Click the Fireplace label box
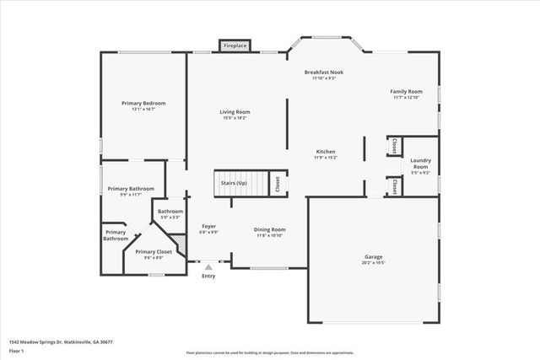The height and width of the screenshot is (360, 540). [235, 46]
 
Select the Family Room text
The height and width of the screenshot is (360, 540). [406, 91]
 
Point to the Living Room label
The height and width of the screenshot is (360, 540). [235, 111]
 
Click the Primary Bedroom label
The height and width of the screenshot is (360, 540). [143, 103]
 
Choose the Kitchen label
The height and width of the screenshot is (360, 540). [326, 151]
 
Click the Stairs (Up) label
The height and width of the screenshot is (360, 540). [234, 183]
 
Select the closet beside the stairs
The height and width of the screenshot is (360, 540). [278, 184]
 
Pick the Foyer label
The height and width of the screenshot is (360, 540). [208, 226]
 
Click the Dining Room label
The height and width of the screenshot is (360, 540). [270, 229]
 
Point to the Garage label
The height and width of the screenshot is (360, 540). [373, 256]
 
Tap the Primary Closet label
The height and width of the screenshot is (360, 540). [154, 252]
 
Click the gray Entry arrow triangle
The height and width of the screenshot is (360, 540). [208, 266]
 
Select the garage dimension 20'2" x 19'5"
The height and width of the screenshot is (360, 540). [373, 262]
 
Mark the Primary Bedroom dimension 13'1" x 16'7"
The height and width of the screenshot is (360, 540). [143, 110]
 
